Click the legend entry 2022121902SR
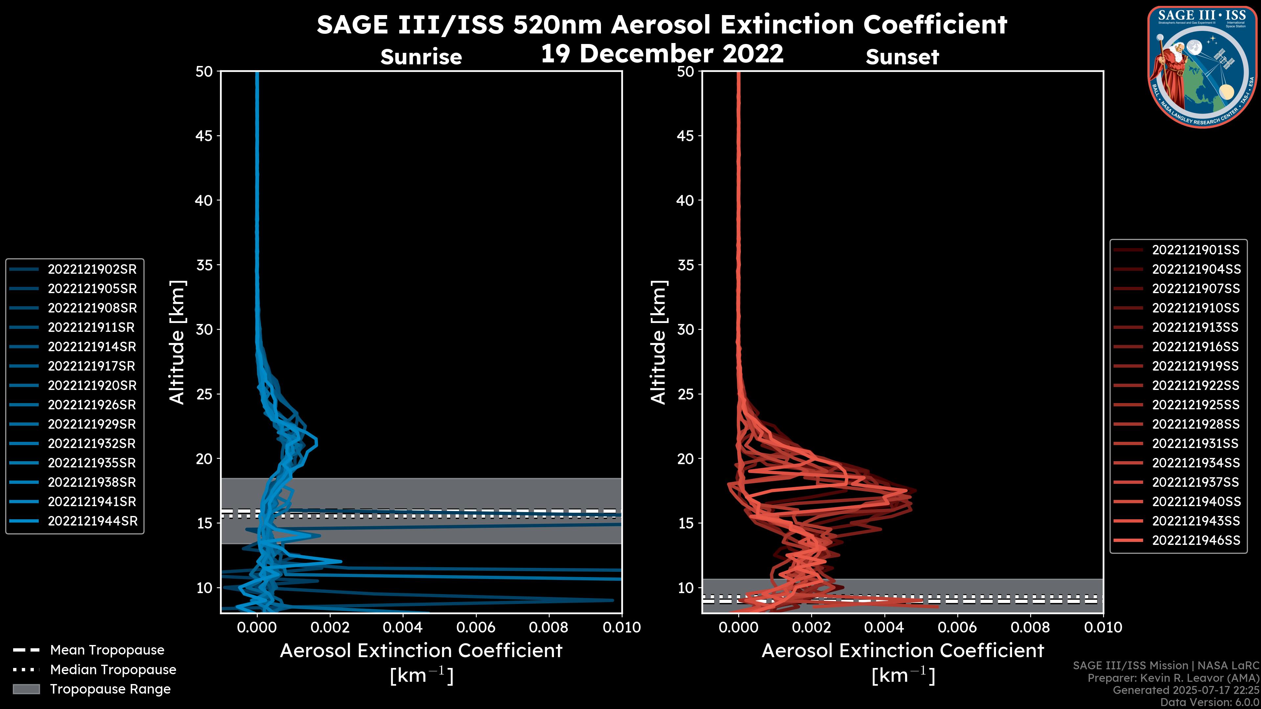coord(92,269)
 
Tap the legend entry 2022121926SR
coord(92,405)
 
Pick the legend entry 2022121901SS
coord(1195,250)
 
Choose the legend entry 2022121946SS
coord(1195,540)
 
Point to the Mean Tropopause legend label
coord(107,650)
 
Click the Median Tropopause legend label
coord(113,669)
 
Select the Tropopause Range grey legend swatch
coord(26,689)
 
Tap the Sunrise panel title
coord(421,57)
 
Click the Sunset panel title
coord(902,57)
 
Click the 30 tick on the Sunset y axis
coord(685,329)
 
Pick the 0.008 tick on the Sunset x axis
coord(1030,627)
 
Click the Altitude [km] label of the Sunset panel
coord(658,342)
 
